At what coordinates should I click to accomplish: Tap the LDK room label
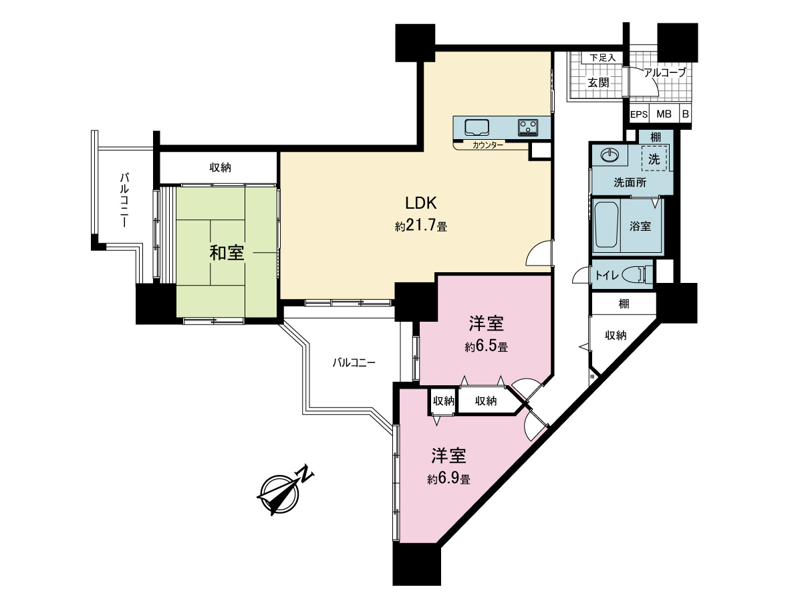pos(420,202)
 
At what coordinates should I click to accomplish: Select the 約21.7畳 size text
pos(420,227)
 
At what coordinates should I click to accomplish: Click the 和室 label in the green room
pos(227,253)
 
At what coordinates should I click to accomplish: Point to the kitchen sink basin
pos(477,126)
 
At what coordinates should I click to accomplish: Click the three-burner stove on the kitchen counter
pos(528,126)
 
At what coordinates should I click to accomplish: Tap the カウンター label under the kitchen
pos(487,145)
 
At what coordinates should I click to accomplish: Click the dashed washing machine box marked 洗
pos(654,159)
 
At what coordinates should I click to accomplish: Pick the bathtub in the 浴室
pos(607,226)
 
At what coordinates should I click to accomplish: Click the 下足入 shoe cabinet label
pos(602,58)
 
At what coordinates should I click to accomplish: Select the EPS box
pos(639,114)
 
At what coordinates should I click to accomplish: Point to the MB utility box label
pos(664,114)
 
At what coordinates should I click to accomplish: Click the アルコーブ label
pos(664,73)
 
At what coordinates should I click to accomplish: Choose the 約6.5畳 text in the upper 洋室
pos(486,347)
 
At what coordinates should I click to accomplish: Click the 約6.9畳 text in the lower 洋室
pos(448,479)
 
